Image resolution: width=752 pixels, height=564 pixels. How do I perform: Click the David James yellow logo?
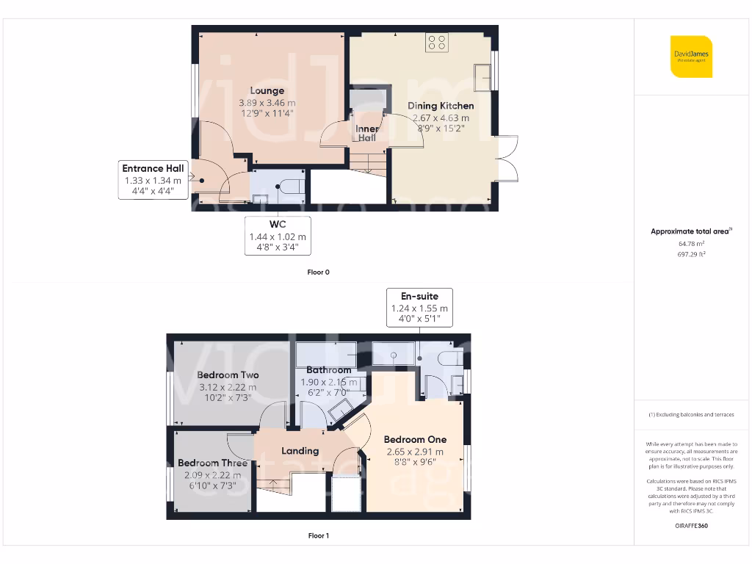[691, 57]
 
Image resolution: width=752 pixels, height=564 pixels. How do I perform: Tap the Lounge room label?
[267, 91]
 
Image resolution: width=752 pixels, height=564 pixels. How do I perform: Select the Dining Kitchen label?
[441, 106]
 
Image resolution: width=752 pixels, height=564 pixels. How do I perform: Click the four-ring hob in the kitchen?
[436, 43]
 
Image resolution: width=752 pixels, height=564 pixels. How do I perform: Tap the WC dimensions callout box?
[278, 235]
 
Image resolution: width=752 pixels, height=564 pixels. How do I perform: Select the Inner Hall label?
[367, 133]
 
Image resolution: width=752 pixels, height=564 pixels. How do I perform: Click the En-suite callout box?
[420, 308]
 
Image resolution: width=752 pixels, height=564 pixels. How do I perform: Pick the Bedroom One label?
[415, 439]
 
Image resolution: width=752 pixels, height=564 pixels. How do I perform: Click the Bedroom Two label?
[228, 375]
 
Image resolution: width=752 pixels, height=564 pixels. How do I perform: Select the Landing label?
[300, 451]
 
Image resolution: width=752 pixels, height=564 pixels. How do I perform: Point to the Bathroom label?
[328, 370]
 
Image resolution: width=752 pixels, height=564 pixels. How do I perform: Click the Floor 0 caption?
[318, 272]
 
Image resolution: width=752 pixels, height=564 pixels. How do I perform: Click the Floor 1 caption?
[318, 536]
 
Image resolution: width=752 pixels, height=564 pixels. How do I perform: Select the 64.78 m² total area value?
[690, 243]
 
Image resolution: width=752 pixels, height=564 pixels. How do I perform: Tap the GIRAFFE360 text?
[690, 526]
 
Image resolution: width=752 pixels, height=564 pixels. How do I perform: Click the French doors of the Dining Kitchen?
[507, 159]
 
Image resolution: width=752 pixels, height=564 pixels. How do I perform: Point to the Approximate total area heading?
[690, 231]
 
